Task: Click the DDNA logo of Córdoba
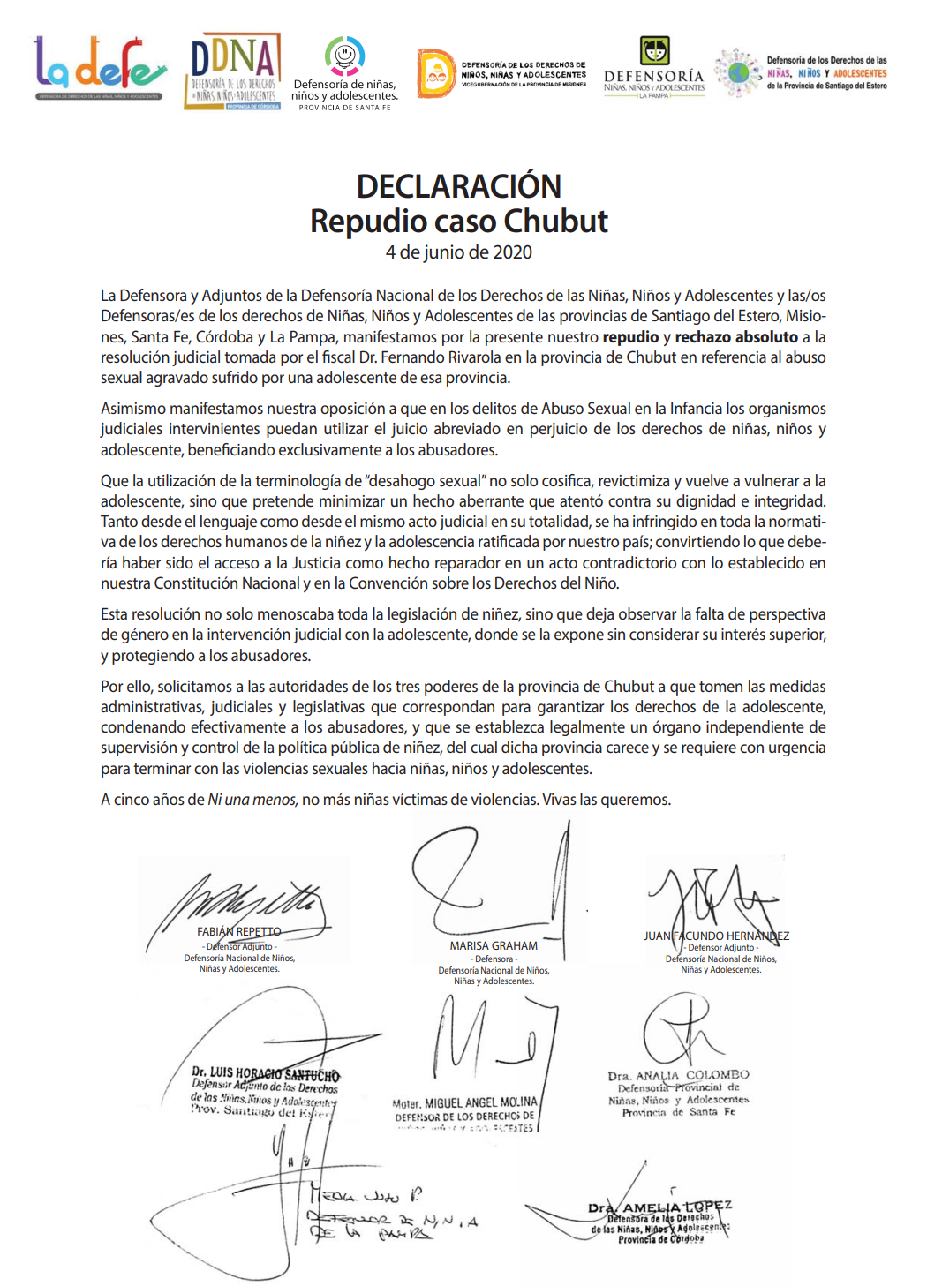[233, 71]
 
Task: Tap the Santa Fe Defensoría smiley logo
[344, 56]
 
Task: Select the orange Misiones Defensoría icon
[435, 73]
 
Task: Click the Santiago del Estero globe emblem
[738, 72]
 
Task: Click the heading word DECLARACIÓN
[458, 187]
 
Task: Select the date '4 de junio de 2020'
[458, 252]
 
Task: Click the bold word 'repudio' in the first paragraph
[630, 337]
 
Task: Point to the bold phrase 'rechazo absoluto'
[736, 337]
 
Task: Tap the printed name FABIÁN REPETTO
[239, 932]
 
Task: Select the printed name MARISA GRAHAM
[494, 945]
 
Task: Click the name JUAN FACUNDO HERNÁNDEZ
[716, 936]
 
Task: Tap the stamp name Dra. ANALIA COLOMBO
[678, 1075]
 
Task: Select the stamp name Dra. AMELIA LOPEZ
[660, 1207]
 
